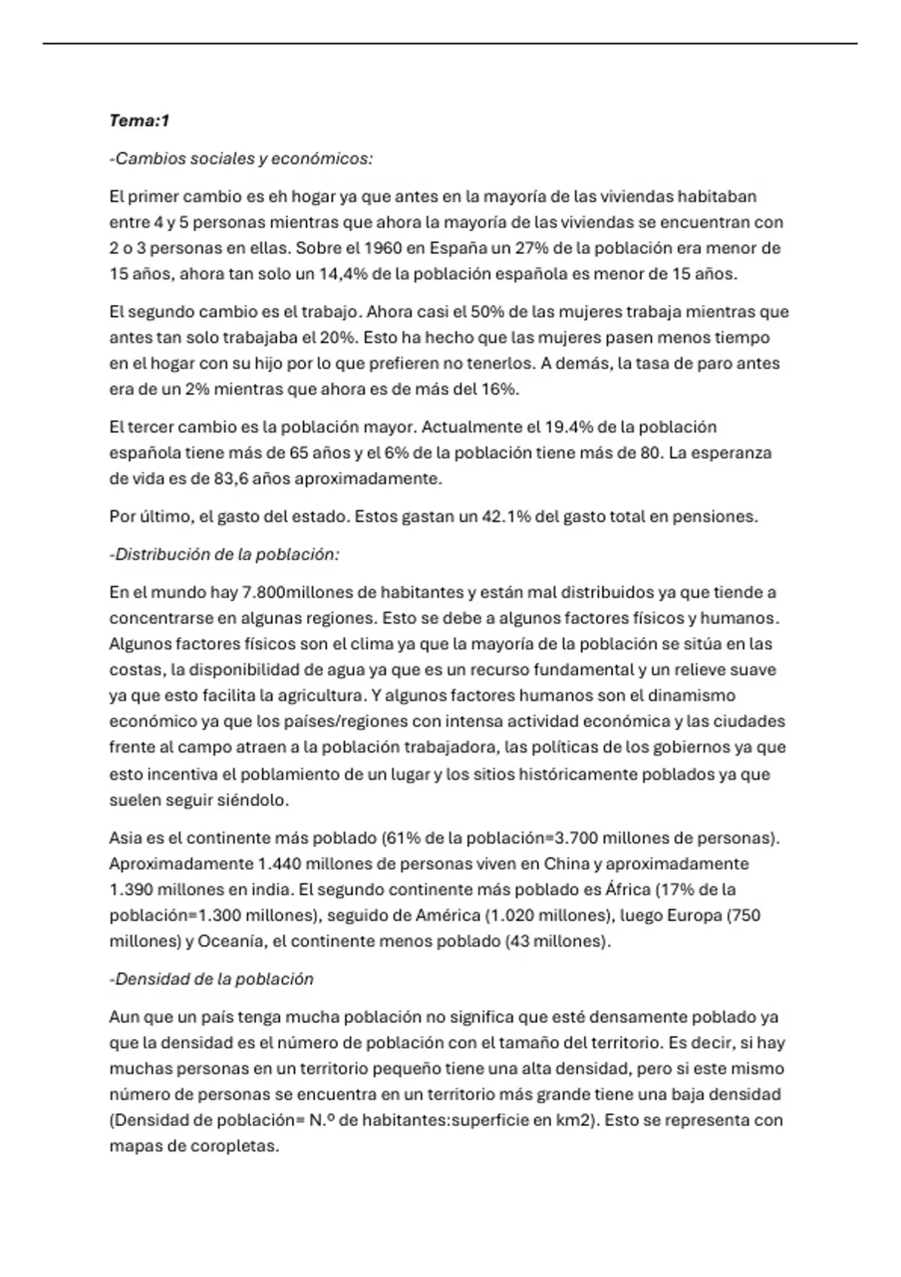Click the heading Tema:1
[x=140, y=120]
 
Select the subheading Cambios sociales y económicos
[x=241, y=158]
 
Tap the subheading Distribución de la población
[x=224, y=554]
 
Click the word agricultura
[x=323, y=696]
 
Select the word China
[x=566, y=864]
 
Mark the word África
[x=628, y=890]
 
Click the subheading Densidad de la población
[x=212, y=980]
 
